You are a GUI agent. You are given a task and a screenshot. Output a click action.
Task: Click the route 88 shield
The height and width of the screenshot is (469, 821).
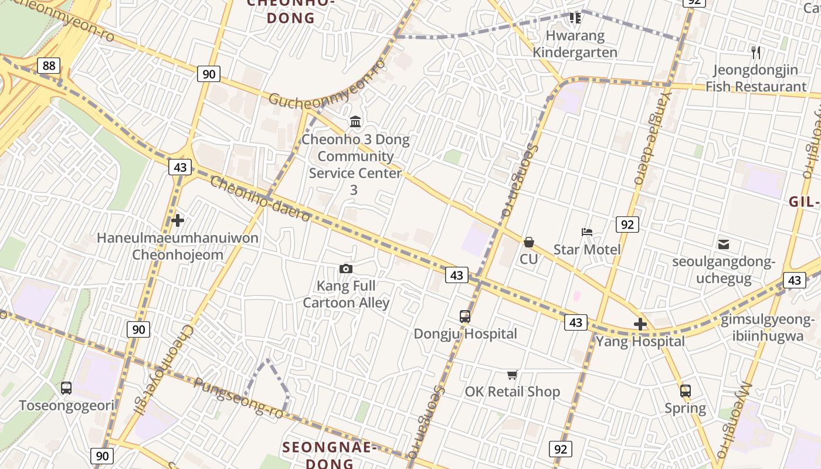tap(49, 66)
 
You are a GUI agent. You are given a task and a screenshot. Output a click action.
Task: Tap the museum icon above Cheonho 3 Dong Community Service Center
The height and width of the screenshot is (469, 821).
tap(355, 122)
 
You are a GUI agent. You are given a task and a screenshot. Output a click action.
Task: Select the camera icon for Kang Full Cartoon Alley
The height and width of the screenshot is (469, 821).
tap(346, 269)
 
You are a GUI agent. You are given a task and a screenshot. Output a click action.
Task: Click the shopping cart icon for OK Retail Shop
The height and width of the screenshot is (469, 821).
tap(513, 375)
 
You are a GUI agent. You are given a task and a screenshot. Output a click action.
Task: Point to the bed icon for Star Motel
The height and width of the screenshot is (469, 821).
tap(587, 232)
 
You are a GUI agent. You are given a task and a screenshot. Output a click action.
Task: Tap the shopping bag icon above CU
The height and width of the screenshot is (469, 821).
tap(529, 242)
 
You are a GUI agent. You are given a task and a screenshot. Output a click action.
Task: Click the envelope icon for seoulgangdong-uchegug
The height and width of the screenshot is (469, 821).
tap(724, 244)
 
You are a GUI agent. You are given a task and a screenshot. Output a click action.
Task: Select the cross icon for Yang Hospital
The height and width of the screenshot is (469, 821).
tap(640, 324)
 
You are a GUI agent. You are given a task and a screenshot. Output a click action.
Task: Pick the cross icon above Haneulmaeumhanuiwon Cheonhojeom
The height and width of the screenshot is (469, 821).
tap(178, 220)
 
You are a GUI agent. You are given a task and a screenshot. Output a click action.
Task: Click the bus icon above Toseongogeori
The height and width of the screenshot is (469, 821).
tap(66, 388)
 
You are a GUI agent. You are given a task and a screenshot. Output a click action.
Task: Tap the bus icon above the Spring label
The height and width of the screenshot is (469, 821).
tap(686, 390)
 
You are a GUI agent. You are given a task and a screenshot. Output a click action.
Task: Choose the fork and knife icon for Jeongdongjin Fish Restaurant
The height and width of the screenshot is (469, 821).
tap(756, 53)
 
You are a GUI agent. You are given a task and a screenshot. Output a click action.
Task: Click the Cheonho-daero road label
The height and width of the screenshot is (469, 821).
tap(260, 199)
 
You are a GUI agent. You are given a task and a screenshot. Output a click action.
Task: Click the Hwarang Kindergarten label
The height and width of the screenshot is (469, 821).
tap(575, 44)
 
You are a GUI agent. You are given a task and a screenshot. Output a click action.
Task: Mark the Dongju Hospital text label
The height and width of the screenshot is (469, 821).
tap(466, 334)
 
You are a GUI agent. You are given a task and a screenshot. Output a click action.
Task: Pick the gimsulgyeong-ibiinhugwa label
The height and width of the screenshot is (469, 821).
tap(767, 328)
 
